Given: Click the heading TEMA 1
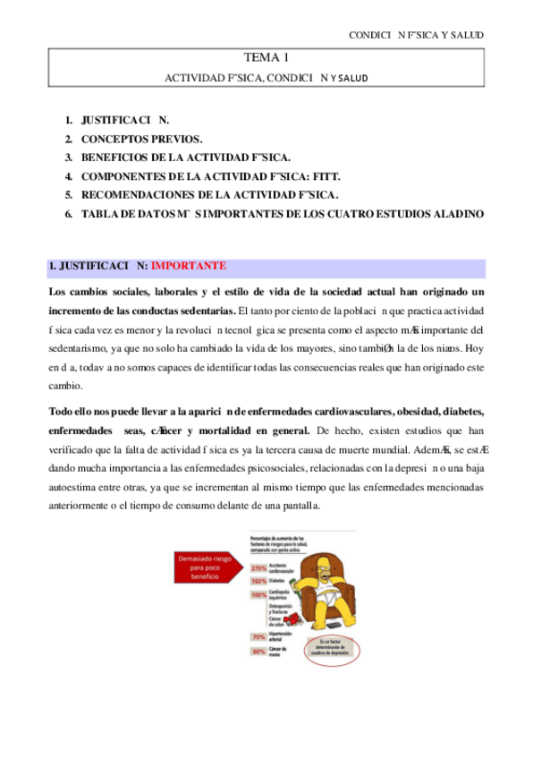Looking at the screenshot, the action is coord(266,58).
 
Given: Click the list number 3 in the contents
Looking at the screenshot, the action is coord(68,157).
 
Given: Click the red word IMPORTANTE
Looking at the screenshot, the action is coord(189,266).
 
